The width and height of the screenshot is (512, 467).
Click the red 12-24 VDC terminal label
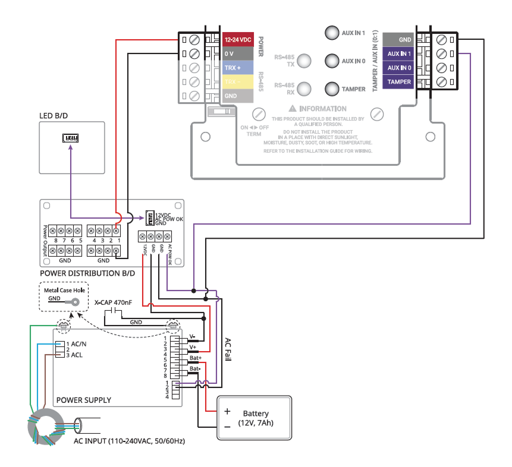point(238,39)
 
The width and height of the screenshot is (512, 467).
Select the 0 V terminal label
point(238,53)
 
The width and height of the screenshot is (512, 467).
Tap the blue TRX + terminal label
point(238,68)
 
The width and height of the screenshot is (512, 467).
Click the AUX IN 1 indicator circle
point(332,33)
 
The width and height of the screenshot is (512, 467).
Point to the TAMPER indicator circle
point(332,89)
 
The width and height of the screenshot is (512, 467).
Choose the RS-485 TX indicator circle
point(304,61)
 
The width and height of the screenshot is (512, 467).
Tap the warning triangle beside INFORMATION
point(292,109)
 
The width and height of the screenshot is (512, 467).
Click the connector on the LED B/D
point(71,138)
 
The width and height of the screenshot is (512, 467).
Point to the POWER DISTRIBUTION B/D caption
point(87,273)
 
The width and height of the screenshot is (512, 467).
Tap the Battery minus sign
point(227,427)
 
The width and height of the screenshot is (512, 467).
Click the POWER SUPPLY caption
point(83,400)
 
